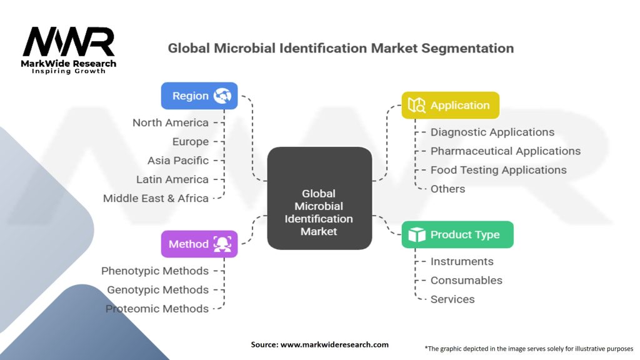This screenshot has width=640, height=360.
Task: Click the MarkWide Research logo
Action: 69,49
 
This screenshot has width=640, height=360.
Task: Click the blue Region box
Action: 199,96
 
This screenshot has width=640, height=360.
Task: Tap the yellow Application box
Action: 450,105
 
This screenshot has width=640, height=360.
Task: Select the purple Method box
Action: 199,244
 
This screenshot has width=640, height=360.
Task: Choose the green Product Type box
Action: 457,234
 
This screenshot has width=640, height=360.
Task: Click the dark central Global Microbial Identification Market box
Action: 319,198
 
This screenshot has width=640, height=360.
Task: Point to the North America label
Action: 171,122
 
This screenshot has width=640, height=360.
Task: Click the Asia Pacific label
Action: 178,161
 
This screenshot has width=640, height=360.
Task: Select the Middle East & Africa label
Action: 156,198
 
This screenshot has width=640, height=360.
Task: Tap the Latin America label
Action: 172,179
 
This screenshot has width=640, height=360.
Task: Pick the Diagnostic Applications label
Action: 492,132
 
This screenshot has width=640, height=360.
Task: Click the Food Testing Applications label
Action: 499,170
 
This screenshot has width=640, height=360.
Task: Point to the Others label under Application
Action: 447,189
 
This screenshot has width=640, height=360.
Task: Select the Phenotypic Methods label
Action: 155,271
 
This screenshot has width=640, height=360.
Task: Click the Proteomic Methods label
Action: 157,308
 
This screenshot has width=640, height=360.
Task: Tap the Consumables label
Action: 466,280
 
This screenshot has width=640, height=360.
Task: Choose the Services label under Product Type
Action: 452,299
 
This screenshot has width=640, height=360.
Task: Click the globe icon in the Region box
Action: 222,96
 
